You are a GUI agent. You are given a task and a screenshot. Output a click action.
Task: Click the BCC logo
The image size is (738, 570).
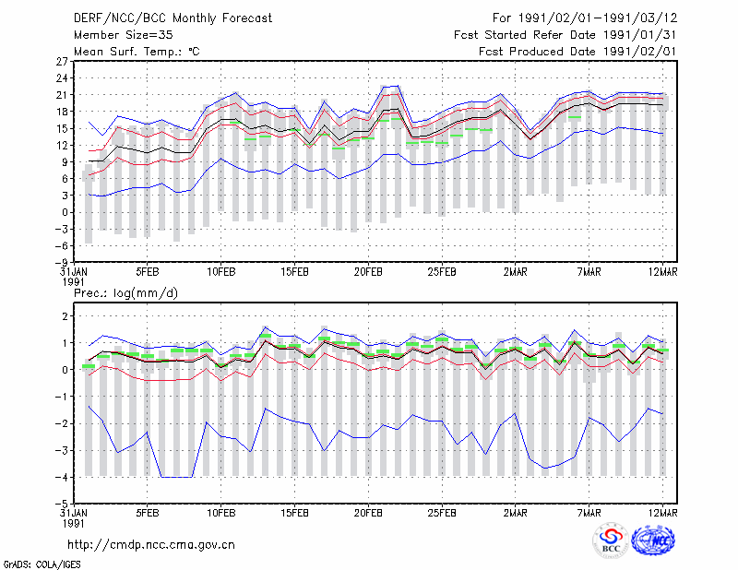click(611, 540)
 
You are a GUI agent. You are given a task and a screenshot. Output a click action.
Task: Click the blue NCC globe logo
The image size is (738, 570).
click(653, 540)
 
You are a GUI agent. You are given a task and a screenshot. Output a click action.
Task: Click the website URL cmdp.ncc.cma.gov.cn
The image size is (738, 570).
click(150, 545)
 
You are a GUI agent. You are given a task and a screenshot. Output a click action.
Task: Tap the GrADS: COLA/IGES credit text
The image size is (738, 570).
click(42, 564)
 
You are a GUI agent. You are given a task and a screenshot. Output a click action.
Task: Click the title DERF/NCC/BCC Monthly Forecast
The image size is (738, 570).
click(173, 18)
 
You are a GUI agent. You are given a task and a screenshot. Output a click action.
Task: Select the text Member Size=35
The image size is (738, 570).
click(124, 35)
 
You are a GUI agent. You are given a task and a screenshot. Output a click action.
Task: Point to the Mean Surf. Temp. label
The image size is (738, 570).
click(137, 52)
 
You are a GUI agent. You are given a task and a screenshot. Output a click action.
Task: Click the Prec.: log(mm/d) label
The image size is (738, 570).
click(125, 293)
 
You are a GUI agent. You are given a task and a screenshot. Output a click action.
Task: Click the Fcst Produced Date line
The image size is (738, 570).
click(577, 52)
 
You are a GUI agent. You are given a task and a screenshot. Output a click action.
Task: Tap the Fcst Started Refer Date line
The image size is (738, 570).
click(565, 35)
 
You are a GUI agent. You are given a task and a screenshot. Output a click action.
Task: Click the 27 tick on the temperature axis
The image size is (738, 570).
click(62, 61)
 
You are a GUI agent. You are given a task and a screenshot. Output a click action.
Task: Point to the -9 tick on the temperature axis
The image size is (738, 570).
click(61, 262)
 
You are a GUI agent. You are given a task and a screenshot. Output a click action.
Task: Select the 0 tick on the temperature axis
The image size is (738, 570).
click(65, 212)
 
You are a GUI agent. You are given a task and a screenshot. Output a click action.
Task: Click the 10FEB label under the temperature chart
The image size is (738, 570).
click(221, 272)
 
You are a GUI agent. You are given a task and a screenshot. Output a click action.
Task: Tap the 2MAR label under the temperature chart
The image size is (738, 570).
click(516, 272)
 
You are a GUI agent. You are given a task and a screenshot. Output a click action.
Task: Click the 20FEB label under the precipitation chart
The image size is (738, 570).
click(368, 513)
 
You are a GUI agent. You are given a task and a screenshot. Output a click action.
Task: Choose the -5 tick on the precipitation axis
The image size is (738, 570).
click(61, 504)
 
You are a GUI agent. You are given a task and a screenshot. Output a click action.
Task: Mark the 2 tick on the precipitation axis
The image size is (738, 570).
click(65, 315)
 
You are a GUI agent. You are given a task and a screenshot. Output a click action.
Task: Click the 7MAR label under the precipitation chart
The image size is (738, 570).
click(589, 513)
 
